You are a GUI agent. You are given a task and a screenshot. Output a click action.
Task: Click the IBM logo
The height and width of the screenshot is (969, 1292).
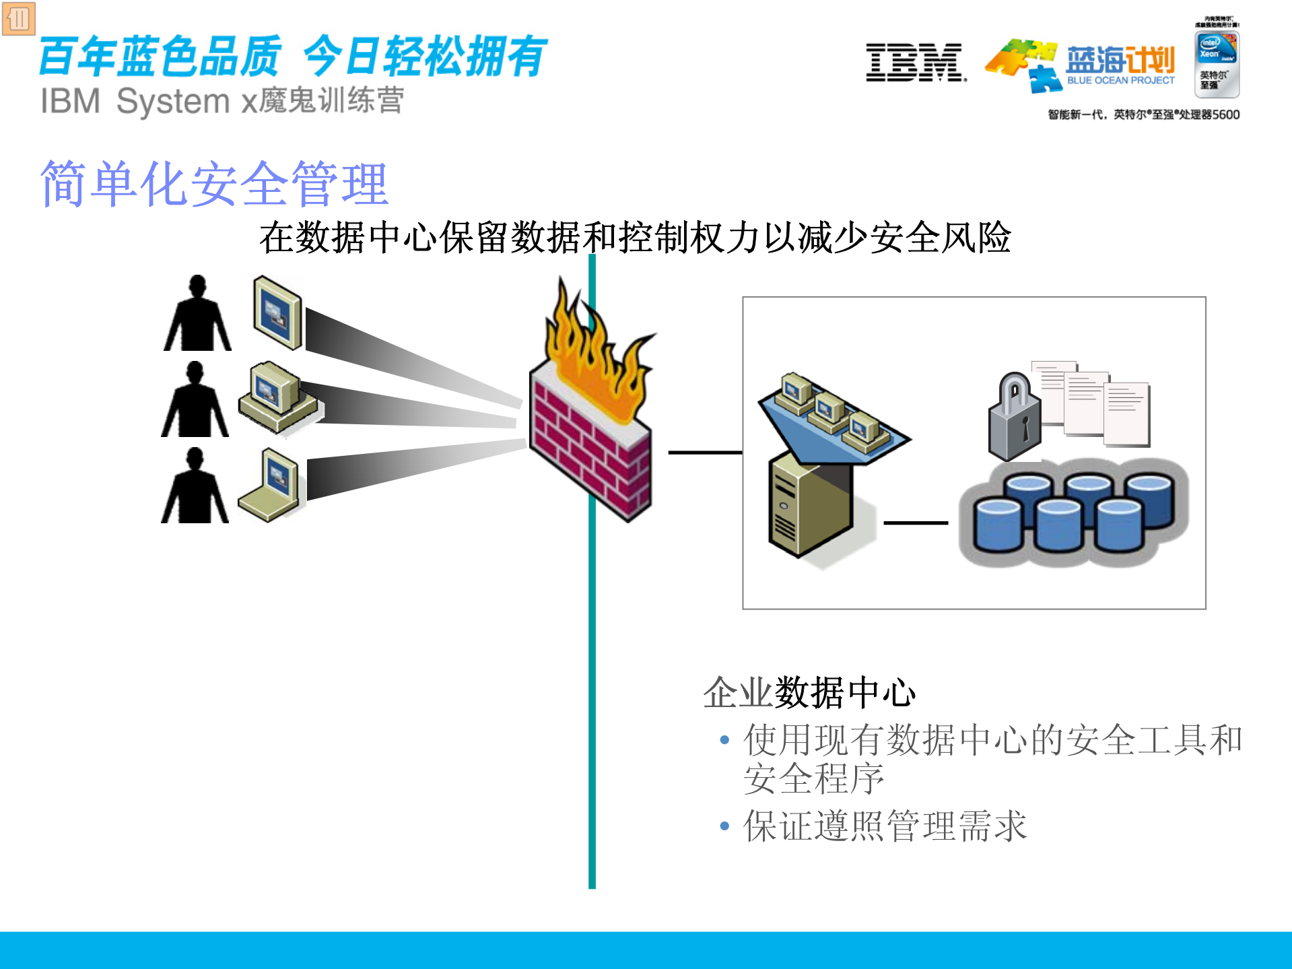[916, 63]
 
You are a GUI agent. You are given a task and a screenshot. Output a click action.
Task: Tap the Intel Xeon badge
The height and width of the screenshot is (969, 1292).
[1217, 64]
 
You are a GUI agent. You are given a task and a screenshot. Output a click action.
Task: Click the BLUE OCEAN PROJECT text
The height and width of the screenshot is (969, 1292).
[1120, 80]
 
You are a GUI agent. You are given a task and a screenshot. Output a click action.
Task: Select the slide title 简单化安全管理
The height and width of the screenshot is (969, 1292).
[214, 183]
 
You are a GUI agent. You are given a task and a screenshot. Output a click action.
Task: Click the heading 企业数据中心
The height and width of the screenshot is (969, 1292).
[809, 692]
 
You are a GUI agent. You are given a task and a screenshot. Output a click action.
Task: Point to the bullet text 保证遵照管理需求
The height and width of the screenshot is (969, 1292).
[885, 826]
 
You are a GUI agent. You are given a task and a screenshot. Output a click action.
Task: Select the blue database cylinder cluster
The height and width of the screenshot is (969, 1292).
[1074, 512]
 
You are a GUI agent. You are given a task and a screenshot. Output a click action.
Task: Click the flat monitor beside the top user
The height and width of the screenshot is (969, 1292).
[277, 312]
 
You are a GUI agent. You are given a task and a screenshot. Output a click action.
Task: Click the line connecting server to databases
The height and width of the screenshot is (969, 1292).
[916, 523]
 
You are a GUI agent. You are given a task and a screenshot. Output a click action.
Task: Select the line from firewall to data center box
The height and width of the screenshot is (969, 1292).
[704, 453]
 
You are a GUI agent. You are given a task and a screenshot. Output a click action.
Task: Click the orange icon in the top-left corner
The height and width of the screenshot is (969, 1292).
[18, 19]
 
